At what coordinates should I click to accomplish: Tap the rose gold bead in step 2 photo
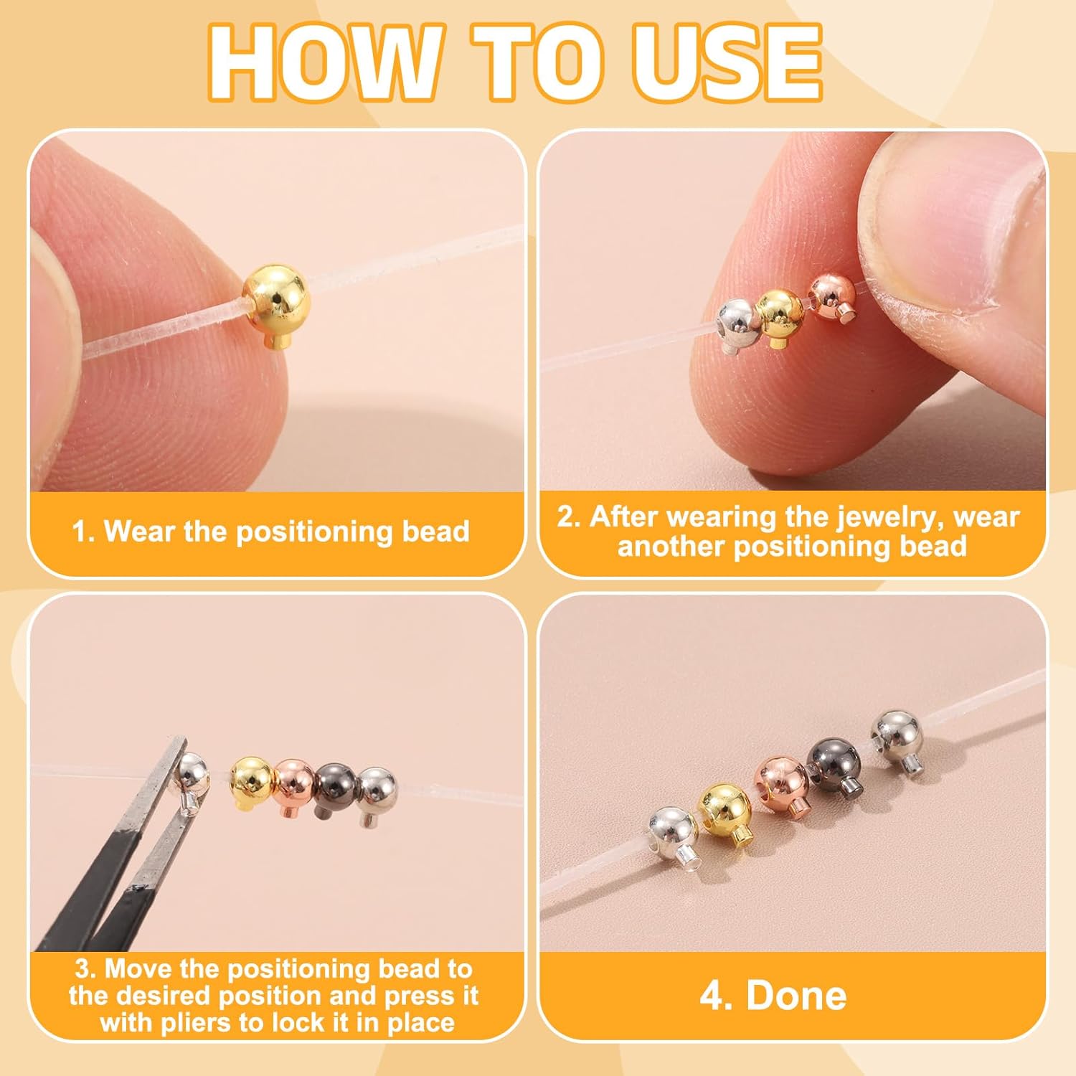[x=831, y=294]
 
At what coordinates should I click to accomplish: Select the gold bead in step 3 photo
[x=251, y=780]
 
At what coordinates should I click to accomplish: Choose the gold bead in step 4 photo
[x=725, y=808]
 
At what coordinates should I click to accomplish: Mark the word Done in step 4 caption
[x=796, y=996]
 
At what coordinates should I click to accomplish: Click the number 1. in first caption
[x=84, y=532]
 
